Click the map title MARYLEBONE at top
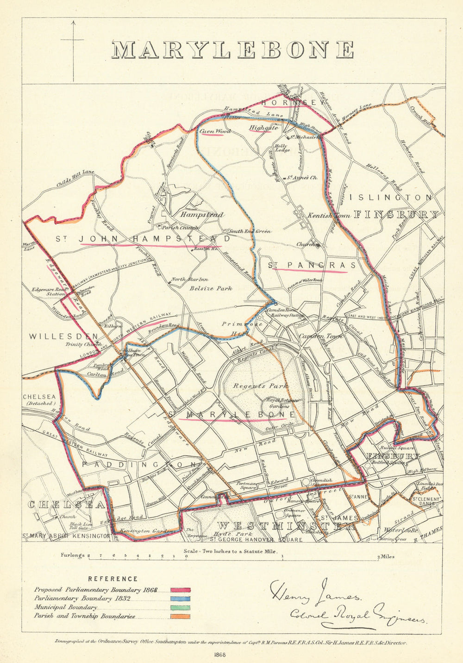tap(233, 50)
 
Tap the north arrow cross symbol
tap(72, 40)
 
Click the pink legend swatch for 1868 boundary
tap(181, 590)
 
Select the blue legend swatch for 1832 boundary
tap(181, 599)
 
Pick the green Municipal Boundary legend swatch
tap(181, 607)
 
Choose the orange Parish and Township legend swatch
tap(181, 616)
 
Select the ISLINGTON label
tap(391, 198)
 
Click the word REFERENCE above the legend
tap(113, 579)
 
